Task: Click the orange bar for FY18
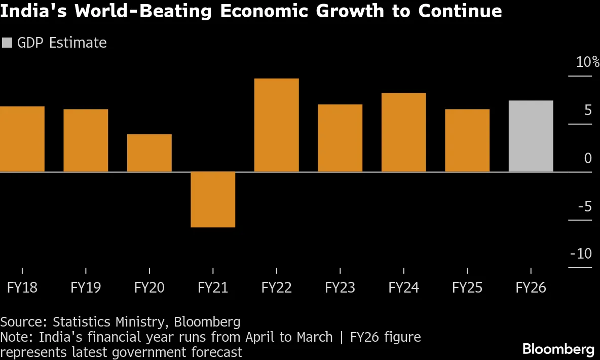pyautogui.click(x=22, y=139)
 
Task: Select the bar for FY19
pyautogui.click(x=86, y=140)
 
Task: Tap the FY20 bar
pyautogui.click(x=149, y=153)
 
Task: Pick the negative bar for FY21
pyautogui.click(x=213, y=200)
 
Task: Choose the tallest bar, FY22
pyautogui.click(x=276, y=125)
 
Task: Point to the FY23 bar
pyautogui.click(x=340, y=138)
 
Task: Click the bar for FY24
pyautogui.click(x=403, y=132)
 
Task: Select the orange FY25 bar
pyautogui.click(x=467, y=140)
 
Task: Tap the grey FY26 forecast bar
pyautogui.click(x=531, y=136)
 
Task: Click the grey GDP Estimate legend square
pyautogui.click(x=7, y=43)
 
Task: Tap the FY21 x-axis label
pyautogui.click(x=213, y=288)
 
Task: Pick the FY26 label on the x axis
pyautogui.click(x=531, y=288)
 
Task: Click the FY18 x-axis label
pyautogui.click(x=22, y=288)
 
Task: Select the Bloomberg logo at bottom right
pyautogui.click(x=558, y=349)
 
